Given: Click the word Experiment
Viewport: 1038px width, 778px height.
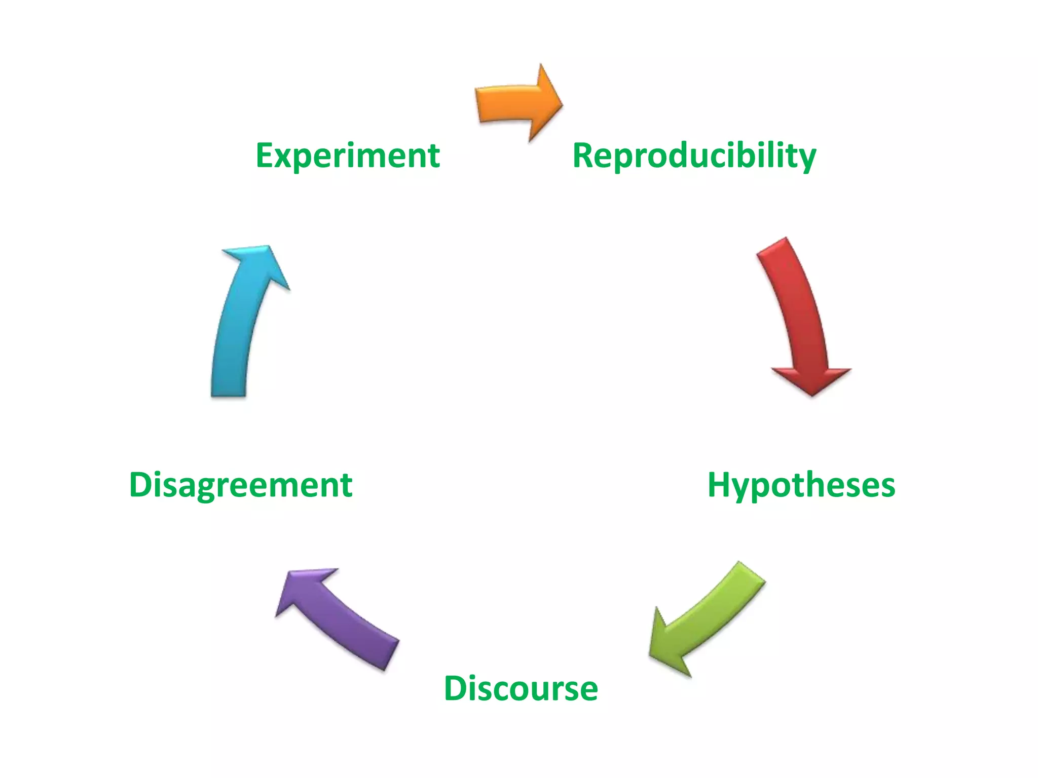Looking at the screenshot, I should pyautogui.click(x=348, y=155).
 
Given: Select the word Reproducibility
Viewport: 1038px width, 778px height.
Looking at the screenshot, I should pyautogui.click(x=694, y=155).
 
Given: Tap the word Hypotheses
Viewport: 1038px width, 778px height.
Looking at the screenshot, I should pyautogui.click(x=801, y=485).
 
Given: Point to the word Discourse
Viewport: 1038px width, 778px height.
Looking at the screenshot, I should pyautogui.click(x=521, y=688).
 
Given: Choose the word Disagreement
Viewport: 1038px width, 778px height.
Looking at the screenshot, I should pyautogui.click(x=241, y=485).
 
